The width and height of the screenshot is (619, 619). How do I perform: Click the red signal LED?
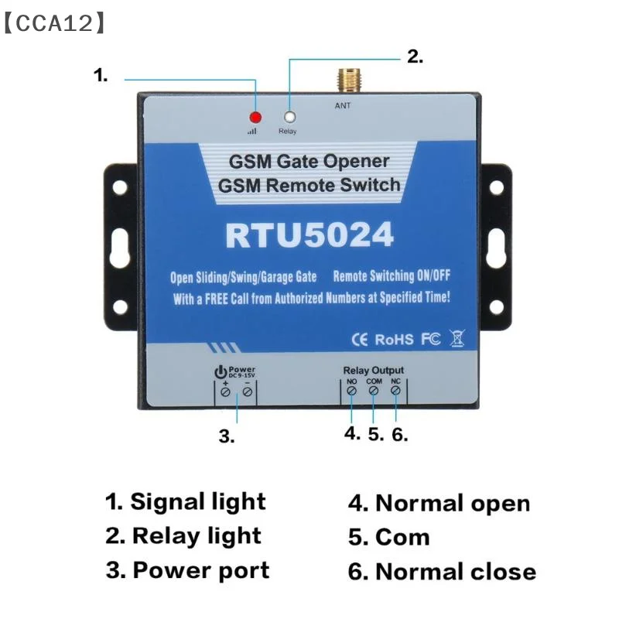click(255, 118)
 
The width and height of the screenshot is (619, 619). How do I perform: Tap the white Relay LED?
click(289, 118)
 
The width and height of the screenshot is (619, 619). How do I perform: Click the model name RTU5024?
click(309, 235)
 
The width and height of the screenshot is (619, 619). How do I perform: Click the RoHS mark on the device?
click(394, 339)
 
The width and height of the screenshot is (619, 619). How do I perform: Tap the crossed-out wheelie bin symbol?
click(457, 338)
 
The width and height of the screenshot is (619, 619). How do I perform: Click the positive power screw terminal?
click(225, 393)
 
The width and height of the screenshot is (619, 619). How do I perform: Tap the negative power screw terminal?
click(247, 393)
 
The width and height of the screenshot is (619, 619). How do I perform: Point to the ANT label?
click(342, 105)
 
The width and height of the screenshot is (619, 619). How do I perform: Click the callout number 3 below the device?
click(226, 436)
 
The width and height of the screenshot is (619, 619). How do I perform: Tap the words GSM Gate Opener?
click(308, 162)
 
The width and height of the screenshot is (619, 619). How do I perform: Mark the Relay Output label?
click(373, 371)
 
